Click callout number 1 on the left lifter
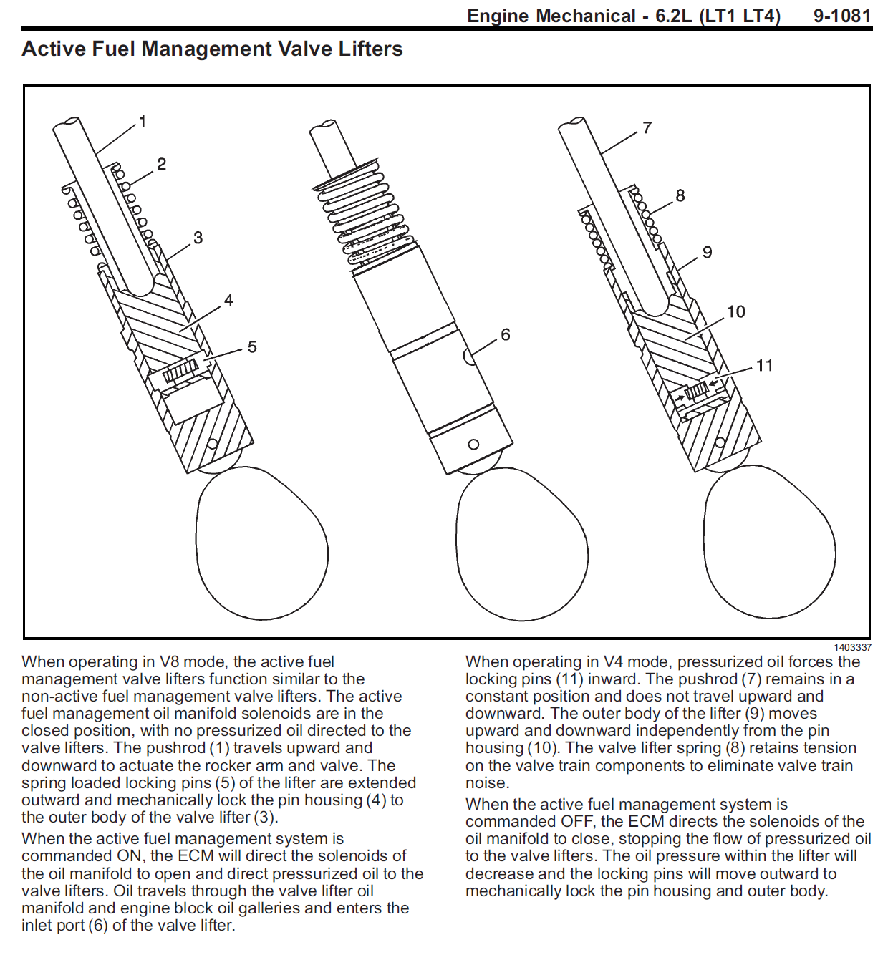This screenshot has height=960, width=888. pos(143,122)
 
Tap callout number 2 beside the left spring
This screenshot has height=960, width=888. pos(162,165)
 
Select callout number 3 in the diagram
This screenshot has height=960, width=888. pos(198,238)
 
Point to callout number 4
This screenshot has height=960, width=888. pos(228,300)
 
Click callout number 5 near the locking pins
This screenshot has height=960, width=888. pos(252,347)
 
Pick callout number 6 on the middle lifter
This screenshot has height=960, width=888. pos(506,334)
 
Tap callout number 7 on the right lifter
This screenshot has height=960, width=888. pos(647,127)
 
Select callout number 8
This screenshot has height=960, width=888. pos(680,195)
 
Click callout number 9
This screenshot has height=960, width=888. pos(707,252)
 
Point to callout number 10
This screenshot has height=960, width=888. pos(736,312)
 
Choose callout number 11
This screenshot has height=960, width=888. pos(764,365)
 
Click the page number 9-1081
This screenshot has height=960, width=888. pos(842,16)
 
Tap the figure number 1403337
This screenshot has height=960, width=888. pos(852,647)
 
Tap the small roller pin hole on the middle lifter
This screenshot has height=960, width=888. pos(473,445)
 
